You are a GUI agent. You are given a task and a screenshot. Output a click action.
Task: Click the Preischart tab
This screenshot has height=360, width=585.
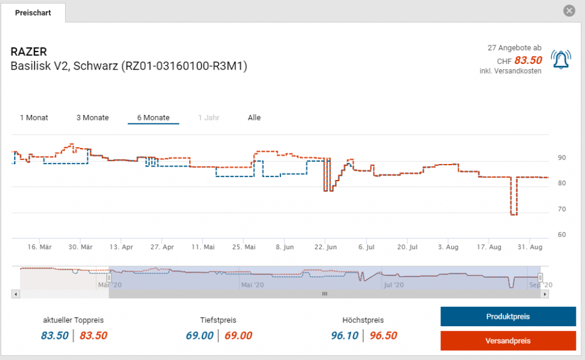tap(33, 13)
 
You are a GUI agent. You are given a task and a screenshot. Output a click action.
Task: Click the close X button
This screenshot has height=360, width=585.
tap(568, 10)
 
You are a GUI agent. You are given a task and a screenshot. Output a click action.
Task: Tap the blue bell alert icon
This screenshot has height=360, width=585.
tap(560, 59)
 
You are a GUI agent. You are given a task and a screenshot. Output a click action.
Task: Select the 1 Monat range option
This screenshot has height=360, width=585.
tap(34, 118)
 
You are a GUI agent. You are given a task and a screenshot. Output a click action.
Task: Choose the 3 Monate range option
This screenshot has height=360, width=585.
tap(93, 118)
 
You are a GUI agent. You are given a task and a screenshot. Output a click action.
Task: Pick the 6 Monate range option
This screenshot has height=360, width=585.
tap(153, 118)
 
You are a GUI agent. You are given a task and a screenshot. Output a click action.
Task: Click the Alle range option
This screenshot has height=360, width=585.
tap(254, 118)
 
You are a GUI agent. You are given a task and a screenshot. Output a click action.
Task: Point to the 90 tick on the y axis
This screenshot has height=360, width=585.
tap(562, 158)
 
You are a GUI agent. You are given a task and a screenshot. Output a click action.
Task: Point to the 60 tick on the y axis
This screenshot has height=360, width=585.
tap(562, 234)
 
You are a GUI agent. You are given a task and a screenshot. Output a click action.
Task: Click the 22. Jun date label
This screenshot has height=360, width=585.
tap(326, 247)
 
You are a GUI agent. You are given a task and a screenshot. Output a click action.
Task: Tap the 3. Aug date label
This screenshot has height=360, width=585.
tap(448, 247)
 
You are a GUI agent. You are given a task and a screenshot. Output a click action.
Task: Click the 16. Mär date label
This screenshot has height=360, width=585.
tap(40, 247)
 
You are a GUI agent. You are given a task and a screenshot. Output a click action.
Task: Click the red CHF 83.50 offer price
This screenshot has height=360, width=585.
tap(528, 60)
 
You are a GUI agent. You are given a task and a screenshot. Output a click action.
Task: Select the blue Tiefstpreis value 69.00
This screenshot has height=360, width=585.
tap(199, 335)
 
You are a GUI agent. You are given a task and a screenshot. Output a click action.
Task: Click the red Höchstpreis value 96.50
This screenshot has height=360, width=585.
tap(383, 335)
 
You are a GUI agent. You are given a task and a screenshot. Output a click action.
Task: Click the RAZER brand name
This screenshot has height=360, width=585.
tap(29, 53)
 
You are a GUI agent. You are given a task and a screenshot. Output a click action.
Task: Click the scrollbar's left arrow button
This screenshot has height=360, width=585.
tap(15, 294)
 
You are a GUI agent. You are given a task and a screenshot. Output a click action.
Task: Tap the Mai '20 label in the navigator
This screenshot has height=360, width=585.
tap(253, 284)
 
